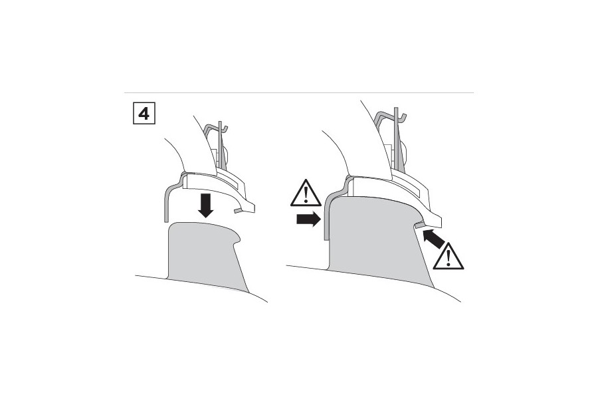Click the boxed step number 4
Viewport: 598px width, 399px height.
[144, 113]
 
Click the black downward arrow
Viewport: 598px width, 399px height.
[206, 205]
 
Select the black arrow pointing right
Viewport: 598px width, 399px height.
[308, 219]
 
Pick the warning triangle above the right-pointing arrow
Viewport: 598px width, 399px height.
[306, 194]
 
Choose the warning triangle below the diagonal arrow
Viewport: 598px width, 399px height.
[448, 257]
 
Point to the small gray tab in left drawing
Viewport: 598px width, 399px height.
[238, 210]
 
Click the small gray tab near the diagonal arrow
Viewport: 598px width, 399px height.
[419, 225]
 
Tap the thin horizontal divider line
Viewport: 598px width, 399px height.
[298, 92]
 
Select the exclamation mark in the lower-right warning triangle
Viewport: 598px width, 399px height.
[448, 258]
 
